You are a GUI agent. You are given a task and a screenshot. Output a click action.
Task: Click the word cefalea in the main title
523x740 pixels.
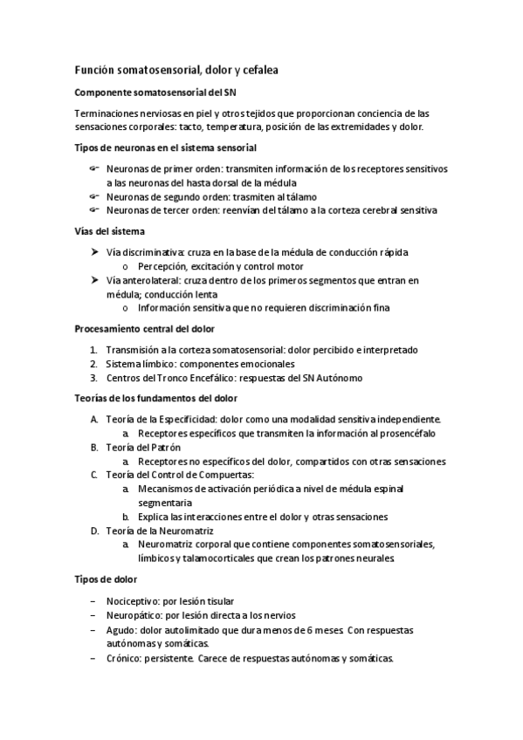pos(257,69)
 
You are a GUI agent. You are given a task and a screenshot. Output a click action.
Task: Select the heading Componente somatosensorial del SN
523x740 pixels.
pos(156,92)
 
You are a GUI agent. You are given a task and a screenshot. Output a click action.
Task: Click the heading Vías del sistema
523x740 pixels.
pos(110,231)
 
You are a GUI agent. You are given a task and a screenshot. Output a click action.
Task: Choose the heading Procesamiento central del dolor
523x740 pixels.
pos(151,329)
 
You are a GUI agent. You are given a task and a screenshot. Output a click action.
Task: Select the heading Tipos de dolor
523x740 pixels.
pos(106,579)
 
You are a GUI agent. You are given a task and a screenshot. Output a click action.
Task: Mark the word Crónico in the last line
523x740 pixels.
pos(125,658)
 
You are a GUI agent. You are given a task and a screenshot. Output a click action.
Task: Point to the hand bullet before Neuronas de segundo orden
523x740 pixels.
pos(94,196)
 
